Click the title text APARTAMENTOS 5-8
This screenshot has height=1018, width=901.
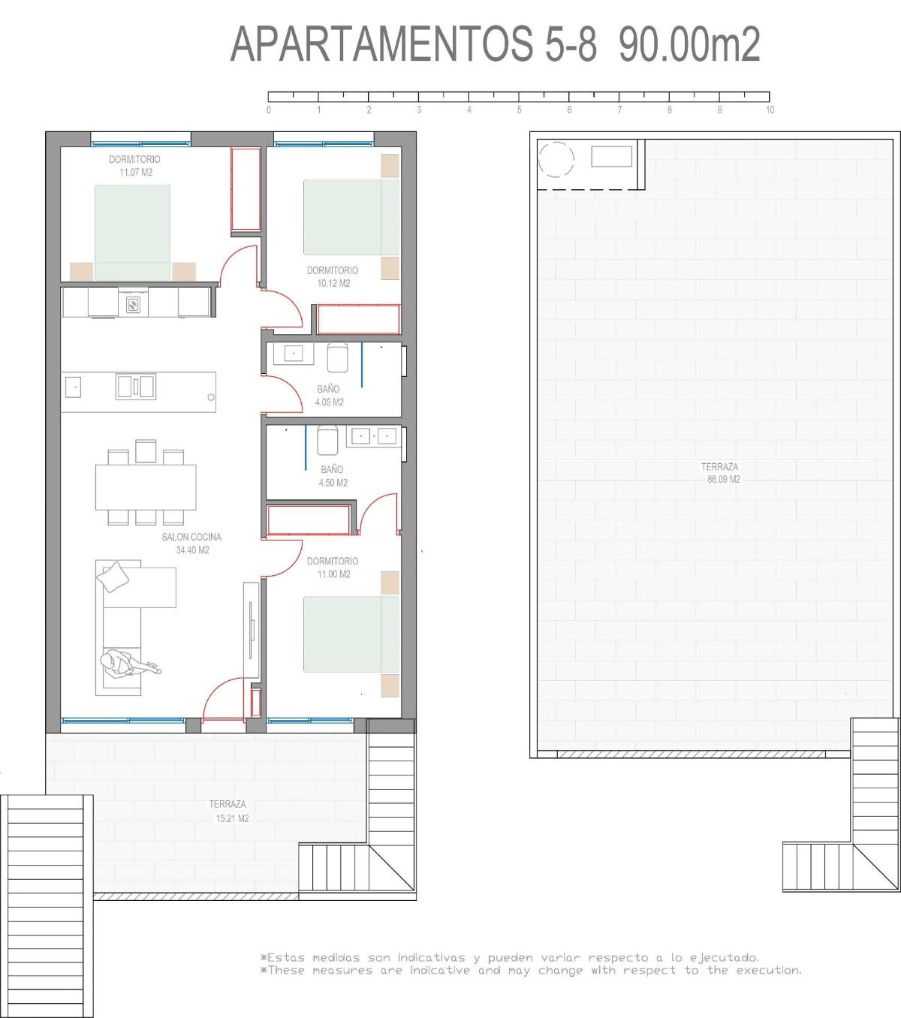coord(414,44)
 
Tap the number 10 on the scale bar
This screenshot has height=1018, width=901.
coord(770,110)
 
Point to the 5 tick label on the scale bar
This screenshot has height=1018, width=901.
coord(519,110)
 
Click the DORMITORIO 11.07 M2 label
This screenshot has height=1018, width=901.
coord(135,166)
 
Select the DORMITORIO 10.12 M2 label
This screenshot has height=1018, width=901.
coord(333,277)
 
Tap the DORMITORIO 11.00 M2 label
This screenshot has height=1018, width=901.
coord(333,568)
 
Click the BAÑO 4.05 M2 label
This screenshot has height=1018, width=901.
coord(329,396)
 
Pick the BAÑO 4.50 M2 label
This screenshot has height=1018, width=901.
coord(333,476)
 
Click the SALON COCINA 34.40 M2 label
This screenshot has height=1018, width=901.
coord(192,544)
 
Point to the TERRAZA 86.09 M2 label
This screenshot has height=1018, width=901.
coord(721,473)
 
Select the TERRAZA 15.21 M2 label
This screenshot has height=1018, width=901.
coord(229,812)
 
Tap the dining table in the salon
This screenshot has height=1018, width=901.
coord(146,487)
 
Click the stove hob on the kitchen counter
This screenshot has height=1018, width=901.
coord(133,304)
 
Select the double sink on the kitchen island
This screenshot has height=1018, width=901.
coord(136,386)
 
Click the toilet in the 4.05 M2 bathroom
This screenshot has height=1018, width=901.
coord(338,357)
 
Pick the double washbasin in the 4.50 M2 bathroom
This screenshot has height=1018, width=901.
coord(374,436)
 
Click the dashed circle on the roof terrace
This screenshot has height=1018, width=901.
coord(556,159)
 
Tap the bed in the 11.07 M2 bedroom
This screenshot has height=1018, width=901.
coord(132,232)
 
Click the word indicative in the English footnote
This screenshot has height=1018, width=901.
coord(440,971)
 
